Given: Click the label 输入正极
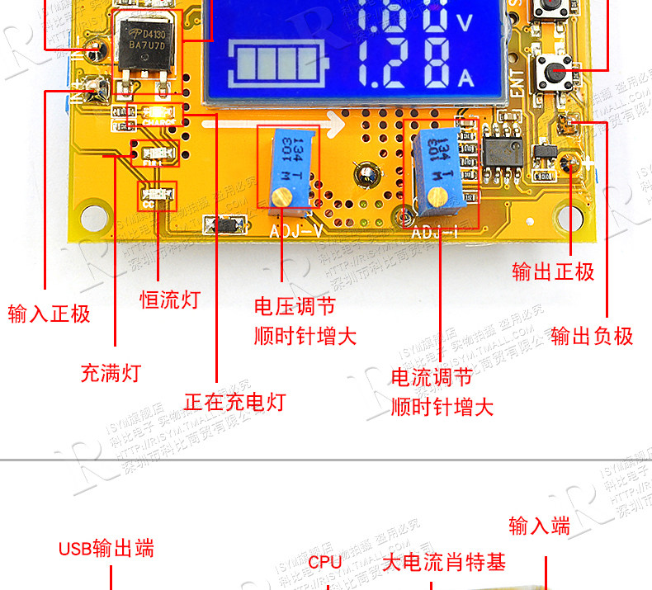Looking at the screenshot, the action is click(49, 314).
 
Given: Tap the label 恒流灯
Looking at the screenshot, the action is click(169, 300).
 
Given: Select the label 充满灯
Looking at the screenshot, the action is click(111, 373).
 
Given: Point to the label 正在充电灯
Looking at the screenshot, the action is click(234, 402).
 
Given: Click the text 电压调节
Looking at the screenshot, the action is click(295, 308).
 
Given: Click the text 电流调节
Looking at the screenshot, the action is click(431, 378).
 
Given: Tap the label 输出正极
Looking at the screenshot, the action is click(552, 272).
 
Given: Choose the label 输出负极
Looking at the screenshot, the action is click(592, 336).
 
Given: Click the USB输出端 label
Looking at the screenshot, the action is click(106, 549).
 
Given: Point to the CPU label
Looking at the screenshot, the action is click(325, 563).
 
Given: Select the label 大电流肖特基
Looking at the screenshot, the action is click(444, 563).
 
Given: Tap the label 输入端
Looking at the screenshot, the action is click(539, 526).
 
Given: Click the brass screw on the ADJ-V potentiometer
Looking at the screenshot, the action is click(281, 197).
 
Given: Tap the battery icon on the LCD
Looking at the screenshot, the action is click(281, 64).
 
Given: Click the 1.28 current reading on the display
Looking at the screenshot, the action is click(404, 66).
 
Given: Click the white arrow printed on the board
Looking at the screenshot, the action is click(272, 125).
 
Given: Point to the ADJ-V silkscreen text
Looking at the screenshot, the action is click(295, 230).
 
